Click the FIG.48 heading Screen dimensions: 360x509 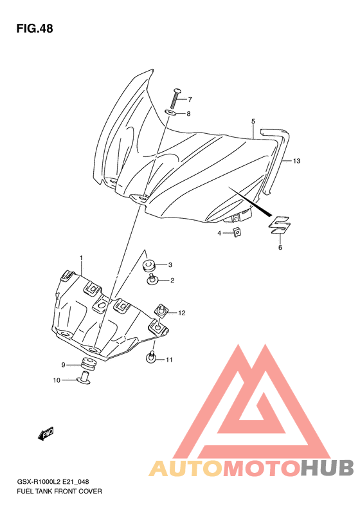click(35, 28)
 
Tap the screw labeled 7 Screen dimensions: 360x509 click(175, 98)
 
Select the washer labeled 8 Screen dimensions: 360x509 click(171, 113)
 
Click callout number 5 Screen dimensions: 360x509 click(253, 122)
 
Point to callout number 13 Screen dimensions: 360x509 click(296, 161)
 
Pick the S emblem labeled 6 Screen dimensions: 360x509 click(280, 225)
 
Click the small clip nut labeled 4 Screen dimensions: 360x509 click(238, 232)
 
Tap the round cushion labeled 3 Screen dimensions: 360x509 click(149, 265)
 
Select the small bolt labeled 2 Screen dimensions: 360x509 click(152, 279)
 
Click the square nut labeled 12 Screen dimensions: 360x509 click(162, 310)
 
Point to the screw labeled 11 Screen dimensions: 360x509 click(151, 357)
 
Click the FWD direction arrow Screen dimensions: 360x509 click(46, 433)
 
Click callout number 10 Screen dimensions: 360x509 click(57, 380)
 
